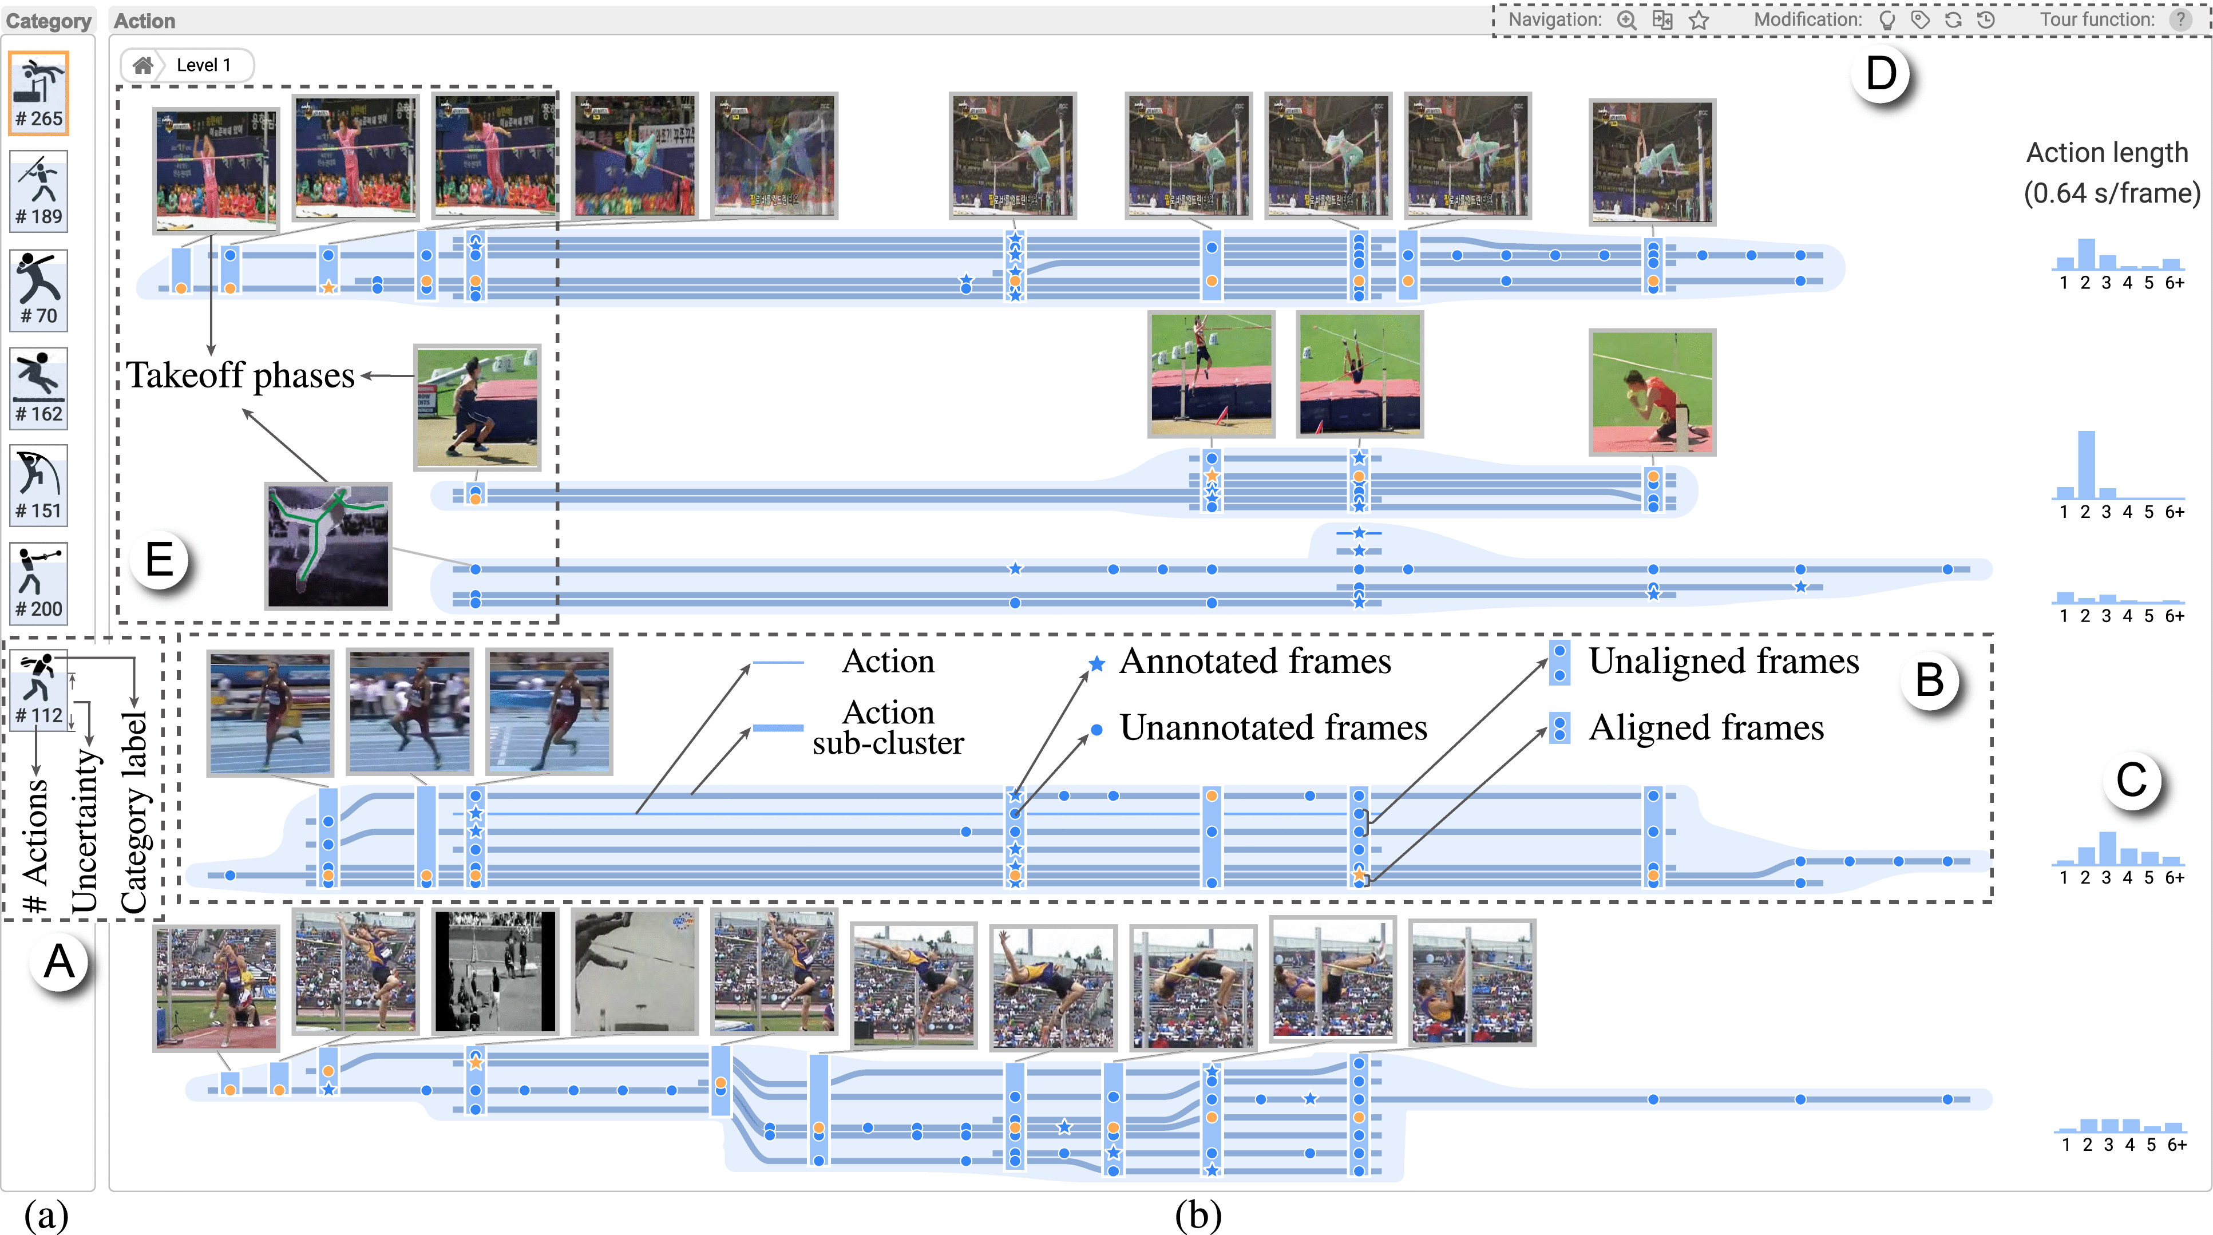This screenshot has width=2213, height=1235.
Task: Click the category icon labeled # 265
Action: pyautogui.click(x=39, y=93)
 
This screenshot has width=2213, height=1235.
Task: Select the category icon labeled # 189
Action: pyautogui.click(x=39, y=191)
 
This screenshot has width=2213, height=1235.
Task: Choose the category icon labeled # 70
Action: pyautogui.click(x=39, y=290)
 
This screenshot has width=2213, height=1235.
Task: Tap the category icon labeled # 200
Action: pyautogui.click(x=39, y=582)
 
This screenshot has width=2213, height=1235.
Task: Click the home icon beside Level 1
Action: pyautogui.click(x=142, y=65)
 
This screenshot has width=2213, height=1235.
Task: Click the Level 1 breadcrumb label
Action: pyautogui.click(x=204, y=65)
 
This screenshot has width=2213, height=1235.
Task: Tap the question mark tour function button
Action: pyautogui.click(x=2180, y=20)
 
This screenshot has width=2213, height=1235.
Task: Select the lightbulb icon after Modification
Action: pyautogui.click(x=1887, y=20)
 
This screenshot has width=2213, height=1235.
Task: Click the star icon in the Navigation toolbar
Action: pyautogui.click(x=1699, y=20)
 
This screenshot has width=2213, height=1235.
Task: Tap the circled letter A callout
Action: pyautogui.click(x=58, y=961)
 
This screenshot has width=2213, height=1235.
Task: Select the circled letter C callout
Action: pyautogui.click(x=2131, y=780)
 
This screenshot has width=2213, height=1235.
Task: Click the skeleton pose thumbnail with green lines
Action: pyautogui.click(x=328, y=546)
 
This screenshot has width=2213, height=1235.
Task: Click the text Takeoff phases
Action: pyautogui.click(x=240, y=376)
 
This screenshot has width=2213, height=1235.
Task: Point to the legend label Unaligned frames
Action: pyautogui.click(x=1723, y=662)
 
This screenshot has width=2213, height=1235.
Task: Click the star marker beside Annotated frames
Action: pyautogui.click(x=1096, y=663)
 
